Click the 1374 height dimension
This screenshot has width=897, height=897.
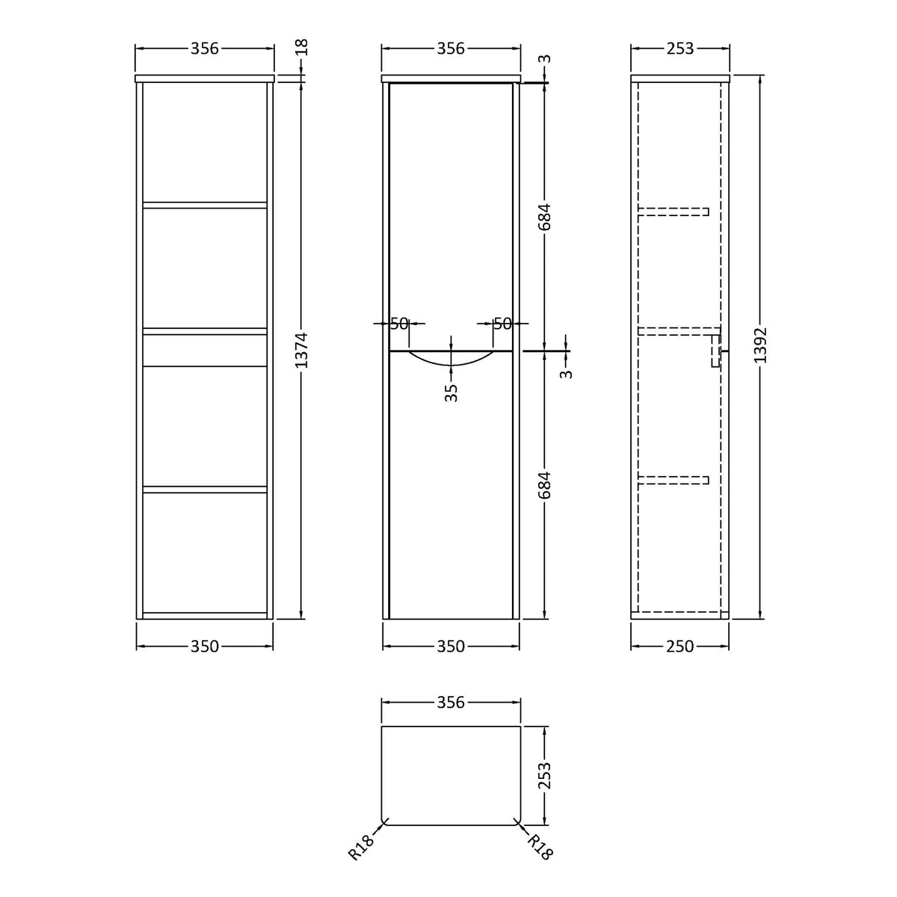pyautogui.click(x=302, y=349)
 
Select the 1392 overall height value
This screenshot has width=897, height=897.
pyautogui.click(x=759, y=345)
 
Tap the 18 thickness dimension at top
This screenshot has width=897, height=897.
pyautogui.click(x=302, y=47)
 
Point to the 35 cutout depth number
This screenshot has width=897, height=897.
pyautogui.click(x=451, y=392)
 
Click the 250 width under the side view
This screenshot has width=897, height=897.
pyautogui.click(x=679, y=646)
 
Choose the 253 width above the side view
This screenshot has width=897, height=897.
pyautogui.click(x=679, y=49)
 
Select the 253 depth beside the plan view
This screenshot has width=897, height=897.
pyautogui.click(x=544, y=775)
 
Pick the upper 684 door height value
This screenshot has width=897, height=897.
pyautogui.click(x=544, y=217)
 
